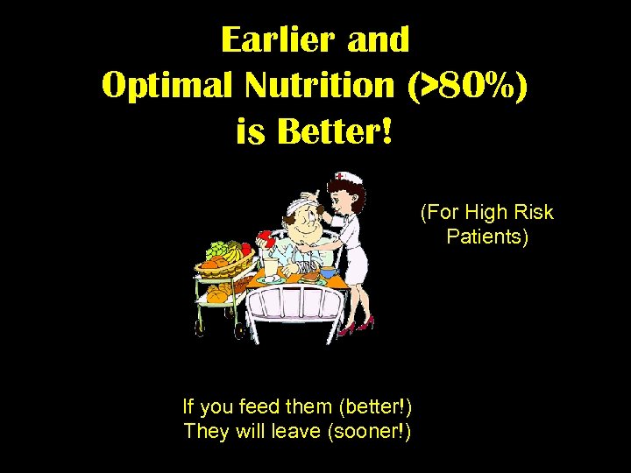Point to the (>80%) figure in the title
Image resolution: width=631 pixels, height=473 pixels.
(467, 86)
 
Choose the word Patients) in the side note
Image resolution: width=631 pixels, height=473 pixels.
(487, 236)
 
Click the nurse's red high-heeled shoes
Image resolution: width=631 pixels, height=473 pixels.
(355, 326)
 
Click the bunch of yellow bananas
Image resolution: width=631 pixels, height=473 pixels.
(234, 253)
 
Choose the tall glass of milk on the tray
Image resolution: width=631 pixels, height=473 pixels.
(271, 268)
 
